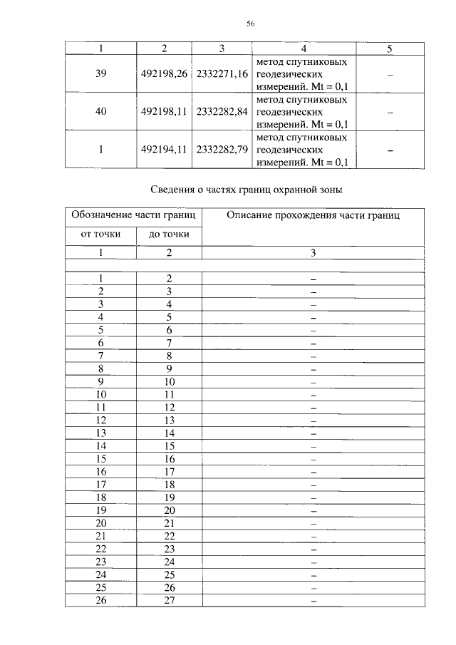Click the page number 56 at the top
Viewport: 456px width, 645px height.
[250, 23]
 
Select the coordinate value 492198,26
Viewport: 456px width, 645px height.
[164, 74]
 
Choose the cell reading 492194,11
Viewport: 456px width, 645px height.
[164, 150]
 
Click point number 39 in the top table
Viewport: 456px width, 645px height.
[100, 74]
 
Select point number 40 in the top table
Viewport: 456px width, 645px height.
[100, 112]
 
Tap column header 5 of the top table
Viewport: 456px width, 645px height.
[389, 48]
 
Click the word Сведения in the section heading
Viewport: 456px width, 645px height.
[175, 190]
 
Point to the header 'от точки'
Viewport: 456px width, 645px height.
[100, 234]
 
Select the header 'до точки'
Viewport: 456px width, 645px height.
[169, 234]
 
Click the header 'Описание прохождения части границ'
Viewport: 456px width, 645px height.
[313, 215]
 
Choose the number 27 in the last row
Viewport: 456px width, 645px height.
[169, 599]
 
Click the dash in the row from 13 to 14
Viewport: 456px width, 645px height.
[313, 433]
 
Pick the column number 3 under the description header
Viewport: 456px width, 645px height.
[313, 252]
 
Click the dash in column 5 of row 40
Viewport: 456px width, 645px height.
[389, 113]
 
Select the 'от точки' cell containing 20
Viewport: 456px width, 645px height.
[100, 522]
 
